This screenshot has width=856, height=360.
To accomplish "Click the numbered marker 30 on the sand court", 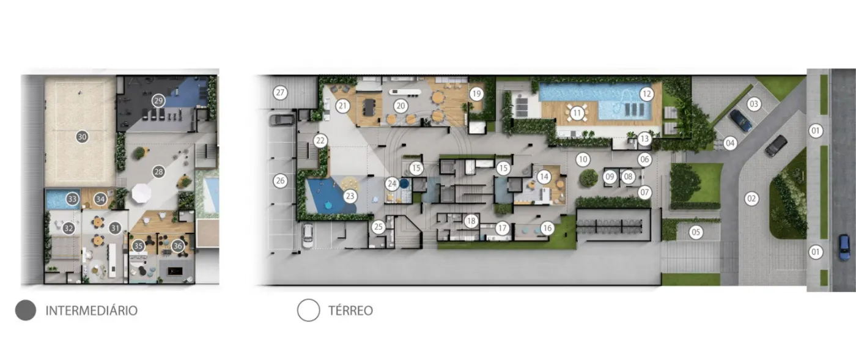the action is [x=82, y=137].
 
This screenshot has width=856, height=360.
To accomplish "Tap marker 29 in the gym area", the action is [x=158, y=101].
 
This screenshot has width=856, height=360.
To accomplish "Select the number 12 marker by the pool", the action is [x=646, y=94].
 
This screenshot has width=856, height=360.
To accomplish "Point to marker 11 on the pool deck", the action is [x=577, y=113].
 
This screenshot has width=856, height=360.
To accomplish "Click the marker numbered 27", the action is [x=280, y=92].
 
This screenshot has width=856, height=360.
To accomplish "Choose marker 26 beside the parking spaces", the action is [x=280, y=180].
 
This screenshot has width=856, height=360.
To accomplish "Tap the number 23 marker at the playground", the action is [x=350, y=196].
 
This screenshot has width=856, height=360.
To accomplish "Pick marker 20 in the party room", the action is [x=400, y=106].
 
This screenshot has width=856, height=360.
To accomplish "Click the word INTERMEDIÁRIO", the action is [x=92, y=310].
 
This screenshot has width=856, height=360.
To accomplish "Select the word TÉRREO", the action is [x=351, y=310].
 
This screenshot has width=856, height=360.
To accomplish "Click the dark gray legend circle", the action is [x=26, y=310].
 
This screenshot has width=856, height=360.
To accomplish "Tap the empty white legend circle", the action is [x=308, y=310].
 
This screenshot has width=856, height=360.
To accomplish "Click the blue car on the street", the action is [x=844, y=248].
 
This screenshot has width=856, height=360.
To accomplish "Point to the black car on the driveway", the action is [x=776, y=145].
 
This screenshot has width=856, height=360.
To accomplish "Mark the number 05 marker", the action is [x=696, y=232].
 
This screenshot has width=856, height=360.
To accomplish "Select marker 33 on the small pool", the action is [x=72, y=199].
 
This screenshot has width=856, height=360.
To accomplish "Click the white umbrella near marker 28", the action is [x=142, y=193].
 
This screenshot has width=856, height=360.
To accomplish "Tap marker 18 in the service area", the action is [x=471, y=221].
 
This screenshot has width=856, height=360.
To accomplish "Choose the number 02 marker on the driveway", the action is [x=751, y=199].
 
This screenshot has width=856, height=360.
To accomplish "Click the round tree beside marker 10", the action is [x=588, y=178].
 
